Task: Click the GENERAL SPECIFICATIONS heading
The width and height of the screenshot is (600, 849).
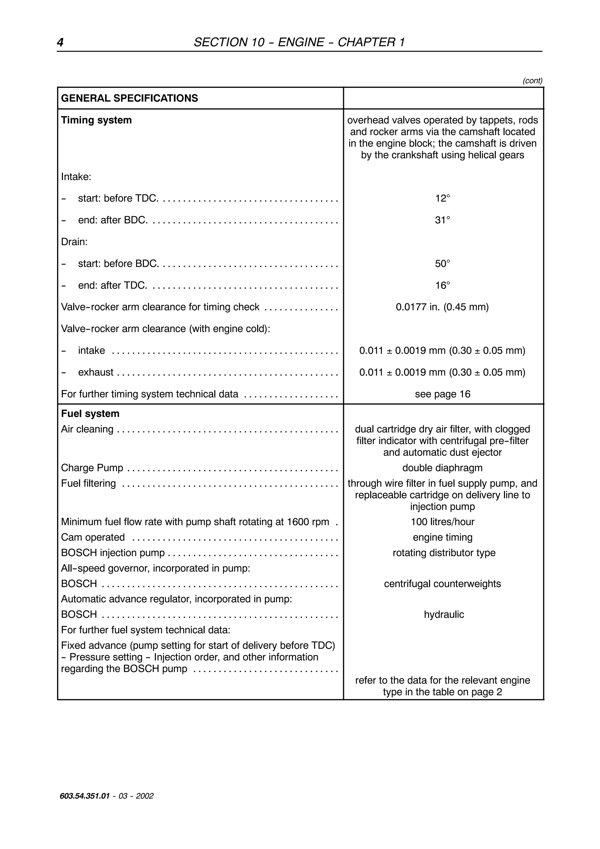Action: [129, 98]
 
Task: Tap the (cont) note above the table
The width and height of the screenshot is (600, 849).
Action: [532, 81]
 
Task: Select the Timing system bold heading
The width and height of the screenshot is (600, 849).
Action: [96, 120]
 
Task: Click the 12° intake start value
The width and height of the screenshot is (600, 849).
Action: [442, 199]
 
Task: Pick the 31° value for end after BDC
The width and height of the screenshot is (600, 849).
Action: [442, 220]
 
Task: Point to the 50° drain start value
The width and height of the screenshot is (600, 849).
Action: [442, 264]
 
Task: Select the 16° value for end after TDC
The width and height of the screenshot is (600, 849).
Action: [442, 285]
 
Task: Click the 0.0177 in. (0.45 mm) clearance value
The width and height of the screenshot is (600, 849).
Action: [442, 307]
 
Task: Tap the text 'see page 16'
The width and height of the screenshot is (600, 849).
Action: [442, 394]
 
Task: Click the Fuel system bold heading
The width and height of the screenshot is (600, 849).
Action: [90, 414]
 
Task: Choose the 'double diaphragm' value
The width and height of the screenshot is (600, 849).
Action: [442, 468]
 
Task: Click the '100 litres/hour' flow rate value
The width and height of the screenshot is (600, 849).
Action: [442, 522]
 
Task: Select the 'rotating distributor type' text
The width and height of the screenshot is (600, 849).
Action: [444, 553]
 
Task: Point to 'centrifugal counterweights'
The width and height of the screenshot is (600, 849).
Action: [442, 584]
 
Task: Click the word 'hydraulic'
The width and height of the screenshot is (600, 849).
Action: [444, 615]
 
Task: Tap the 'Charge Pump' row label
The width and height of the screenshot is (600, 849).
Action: [92, 468]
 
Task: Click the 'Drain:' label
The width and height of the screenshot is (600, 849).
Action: [74, 242]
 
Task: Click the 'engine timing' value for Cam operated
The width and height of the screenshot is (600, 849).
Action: [442, 538]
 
